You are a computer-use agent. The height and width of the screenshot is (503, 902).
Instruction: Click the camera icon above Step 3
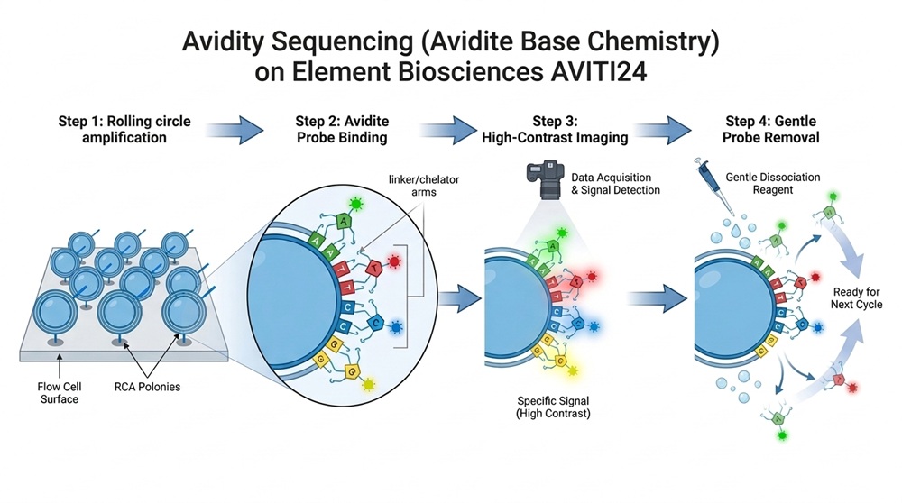[545, 179]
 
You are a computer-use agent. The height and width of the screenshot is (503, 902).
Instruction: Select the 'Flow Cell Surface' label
[60, 393]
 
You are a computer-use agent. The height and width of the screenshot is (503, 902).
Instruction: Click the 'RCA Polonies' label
[147, 387]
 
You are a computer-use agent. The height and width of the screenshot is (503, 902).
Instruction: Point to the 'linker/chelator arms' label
[424, 186]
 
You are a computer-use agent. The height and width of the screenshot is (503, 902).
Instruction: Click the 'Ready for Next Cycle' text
[856, 297]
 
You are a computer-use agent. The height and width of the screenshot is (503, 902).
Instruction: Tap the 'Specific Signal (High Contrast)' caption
[553, 407]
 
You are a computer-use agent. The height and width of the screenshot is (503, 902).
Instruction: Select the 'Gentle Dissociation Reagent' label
[773, 183]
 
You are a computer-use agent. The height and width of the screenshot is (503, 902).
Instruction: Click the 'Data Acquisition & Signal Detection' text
[615, 184]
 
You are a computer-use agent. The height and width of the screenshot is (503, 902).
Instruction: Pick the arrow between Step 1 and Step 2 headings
[235, 130]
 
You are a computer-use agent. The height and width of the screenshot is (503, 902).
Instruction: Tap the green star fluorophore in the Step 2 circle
[356, 204]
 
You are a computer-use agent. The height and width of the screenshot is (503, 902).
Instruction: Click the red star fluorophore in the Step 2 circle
[394, 262]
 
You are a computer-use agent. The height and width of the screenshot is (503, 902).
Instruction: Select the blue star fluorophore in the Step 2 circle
[396, 327]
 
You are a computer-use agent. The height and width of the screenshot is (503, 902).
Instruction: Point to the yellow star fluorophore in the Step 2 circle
[368, 384]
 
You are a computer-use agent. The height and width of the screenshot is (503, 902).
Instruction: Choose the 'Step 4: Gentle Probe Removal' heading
[771, 129]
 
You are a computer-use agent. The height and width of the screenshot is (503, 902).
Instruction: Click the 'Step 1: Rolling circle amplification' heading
[124, 129]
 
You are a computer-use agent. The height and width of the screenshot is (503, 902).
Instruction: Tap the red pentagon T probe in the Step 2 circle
[374, 268]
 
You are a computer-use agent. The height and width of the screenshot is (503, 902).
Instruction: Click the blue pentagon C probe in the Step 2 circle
[375, 324]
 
